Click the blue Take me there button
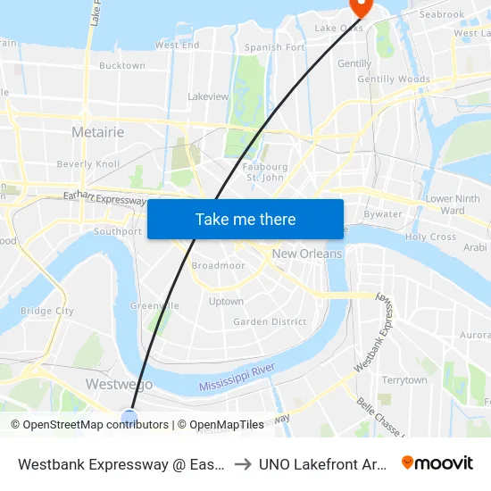[x=245, y=219]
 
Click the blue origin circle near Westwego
[x=129, y=416]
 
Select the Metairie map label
[x=97, y=132]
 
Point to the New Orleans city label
[x=307, y=254]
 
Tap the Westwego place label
[x=119, y=384]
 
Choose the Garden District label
[x=270, y=321]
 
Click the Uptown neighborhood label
[x=226, y=302]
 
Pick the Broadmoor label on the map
[x=218, y=266]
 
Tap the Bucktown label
[x=122, y=66]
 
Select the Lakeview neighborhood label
[x=208, y=96]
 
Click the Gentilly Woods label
[x=394, y=79]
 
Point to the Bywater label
[x=383, y=214]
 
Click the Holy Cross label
[x=430, y=237]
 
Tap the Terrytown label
[x=404, y=380]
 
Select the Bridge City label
[x=46, y=312]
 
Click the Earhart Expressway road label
[x=104, y=198]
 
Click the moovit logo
[x=437, y=462]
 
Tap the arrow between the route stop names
[x=242, y=463]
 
